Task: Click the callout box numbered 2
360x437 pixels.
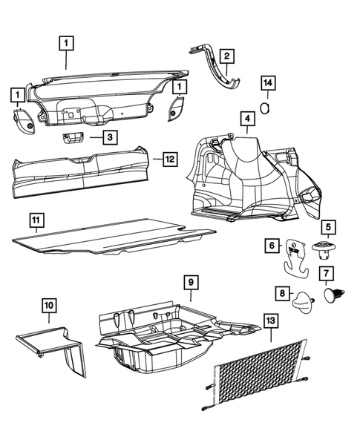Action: (226, 55)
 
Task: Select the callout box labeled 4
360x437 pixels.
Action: (246, 118)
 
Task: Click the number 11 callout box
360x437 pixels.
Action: (36, 220)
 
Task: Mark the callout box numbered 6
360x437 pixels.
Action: (271, 246)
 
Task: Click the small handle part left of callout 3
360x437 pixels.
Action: (73, 137)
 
